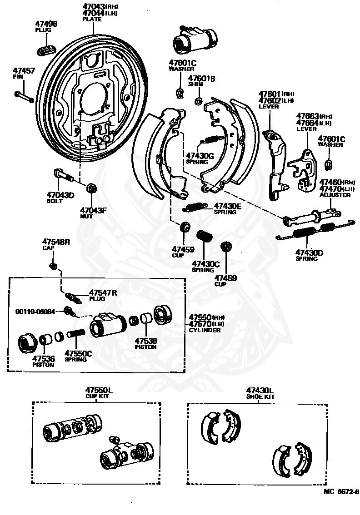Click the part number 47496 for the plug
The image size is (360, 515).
tap(46, 24)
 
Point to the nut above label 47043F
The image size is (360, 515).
tap(91, 187)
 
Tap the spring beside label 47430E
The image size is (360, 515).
tap(195, 207)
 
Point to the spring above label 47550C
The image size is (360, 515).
tap(76, 333)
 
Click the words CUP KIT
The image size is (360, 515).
tap(97, 396)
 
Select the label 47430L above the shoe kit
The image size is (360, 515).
tap(260, 390)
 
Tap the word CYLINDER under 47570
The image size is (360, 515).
tap(205, 330)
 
